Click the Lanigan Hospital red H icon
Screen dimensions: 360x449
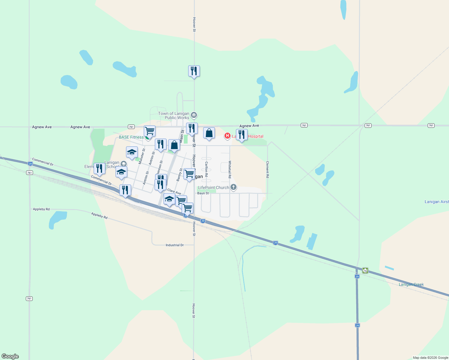[x=228, y=136]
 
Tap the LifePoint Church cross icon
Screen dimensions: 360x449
[x=234, y=187]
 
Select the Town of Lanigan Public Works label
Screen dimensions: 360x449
[x=174, y=115]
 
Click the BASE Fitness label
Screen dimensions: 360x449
[x=131, y=137]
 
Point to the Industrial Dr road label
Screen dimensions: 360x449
[x=175, y=245]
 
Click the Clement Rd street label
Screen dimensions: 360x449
[x=267, y=169]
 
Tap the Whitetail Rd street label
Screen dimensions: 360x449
[x=230, y=169]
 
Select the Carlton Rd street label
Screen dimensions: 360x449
[x=206, y=169]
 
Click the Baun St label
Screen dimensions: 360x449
[x=203, y=193]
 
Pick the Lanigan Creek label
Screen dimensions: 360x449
[x=411, y=284]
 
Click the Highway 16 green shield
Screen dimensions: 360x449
[x=365, y=270]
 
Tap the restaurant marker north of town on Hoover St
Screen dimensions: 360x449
[x=194, y=71]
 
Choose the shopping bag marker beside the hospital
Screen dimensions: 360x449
[x=209, y=133]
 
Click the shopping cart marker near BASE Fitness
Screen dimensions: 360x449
[x=149, y=131]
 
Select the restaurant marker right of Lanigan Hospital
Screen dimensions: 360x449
[x=242, y=135]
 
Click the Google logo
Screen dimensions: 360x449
[x=10, y=356]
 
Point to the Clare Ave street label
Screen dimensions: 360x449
[x=174, y=191]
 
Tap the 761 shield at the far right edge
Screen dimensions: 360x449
[x=431, y=125]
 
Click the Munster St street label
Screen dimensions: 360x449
[x=142, y=156]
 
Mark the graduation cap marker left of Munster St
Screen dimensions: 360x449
[x=132, y=152]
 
